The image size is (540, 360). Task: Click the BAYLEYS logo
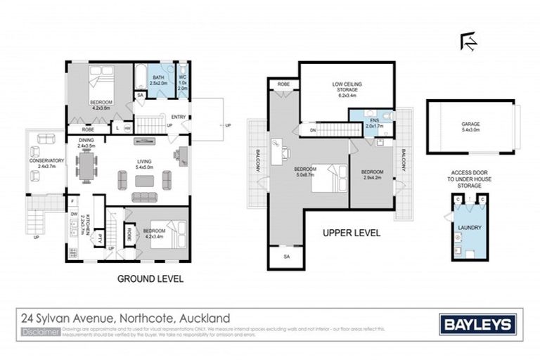click(477, 324)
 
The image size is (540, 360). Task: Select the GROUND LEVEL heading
click(151, 279)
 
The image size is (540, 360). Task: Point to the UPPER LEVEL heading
click(352, 233)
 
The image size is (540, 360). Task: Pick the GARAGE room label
click(470, 124)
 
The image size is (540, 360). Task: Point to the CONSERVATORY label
click(48, 161)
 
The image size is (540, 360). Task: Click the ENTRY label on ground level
click(178, 117)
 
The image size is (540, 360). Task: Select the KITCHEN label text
click(82, 224)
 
